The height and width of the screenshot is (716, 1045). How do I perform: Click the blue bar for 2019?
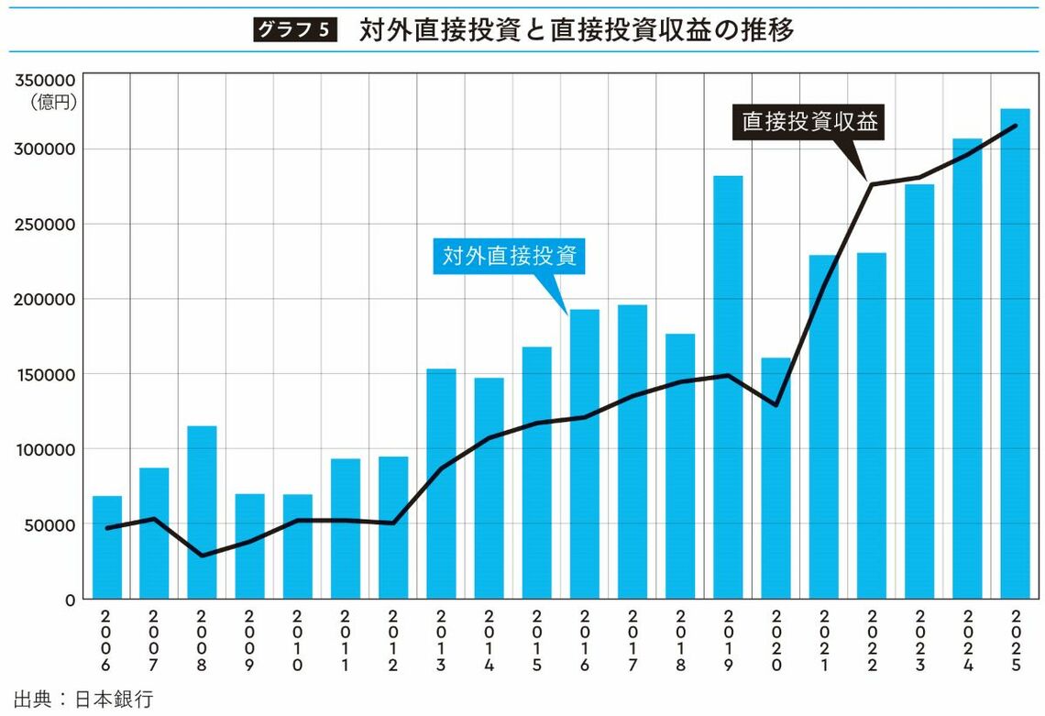click(x=728, y=385)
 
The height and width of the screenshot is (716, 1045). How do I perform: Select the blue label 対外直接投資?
click(x=509, y=257)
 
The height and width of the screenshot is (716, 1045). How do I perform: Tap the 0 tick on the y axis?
click(x=70, y=600)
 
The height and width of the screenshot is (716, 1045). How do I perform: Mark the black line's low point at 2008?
click(x=203, y=556)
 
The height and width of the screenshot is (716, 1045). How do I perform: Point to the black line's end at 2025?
click(x=1015, y=126)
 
